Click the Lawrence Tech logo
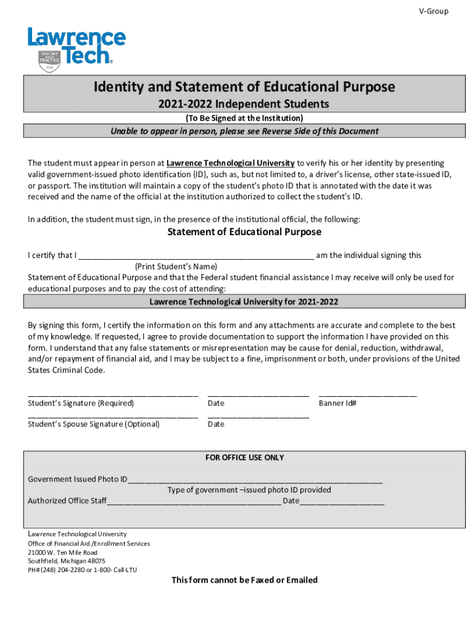[76, 49]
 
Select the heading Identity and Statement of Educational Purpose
[244, 87]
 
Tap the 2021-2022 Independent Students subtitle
[244, 104]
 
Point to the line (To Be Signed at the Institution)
[244, 118]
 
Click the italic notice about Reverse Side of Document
[244, 131]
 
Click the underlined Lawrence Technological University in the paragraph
[230, 163]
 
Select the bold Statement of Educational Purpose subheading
[244, 232]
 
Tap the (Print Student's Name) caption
[176, 267]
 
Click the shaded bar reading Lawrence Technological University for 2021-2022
[244, 302]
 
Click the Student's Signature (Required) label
[81, 403]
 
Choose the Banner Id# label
[337, 403]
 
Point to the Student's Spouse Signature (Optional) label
[94, 424]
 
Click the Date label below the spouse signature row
[216, 424]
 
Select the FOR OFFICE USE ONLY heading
[244, 457]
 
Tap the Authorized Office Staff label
[67, 501]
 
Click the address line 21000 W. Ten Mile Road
[62, 552]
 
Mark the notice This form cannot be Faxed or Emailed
[244, 580]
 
